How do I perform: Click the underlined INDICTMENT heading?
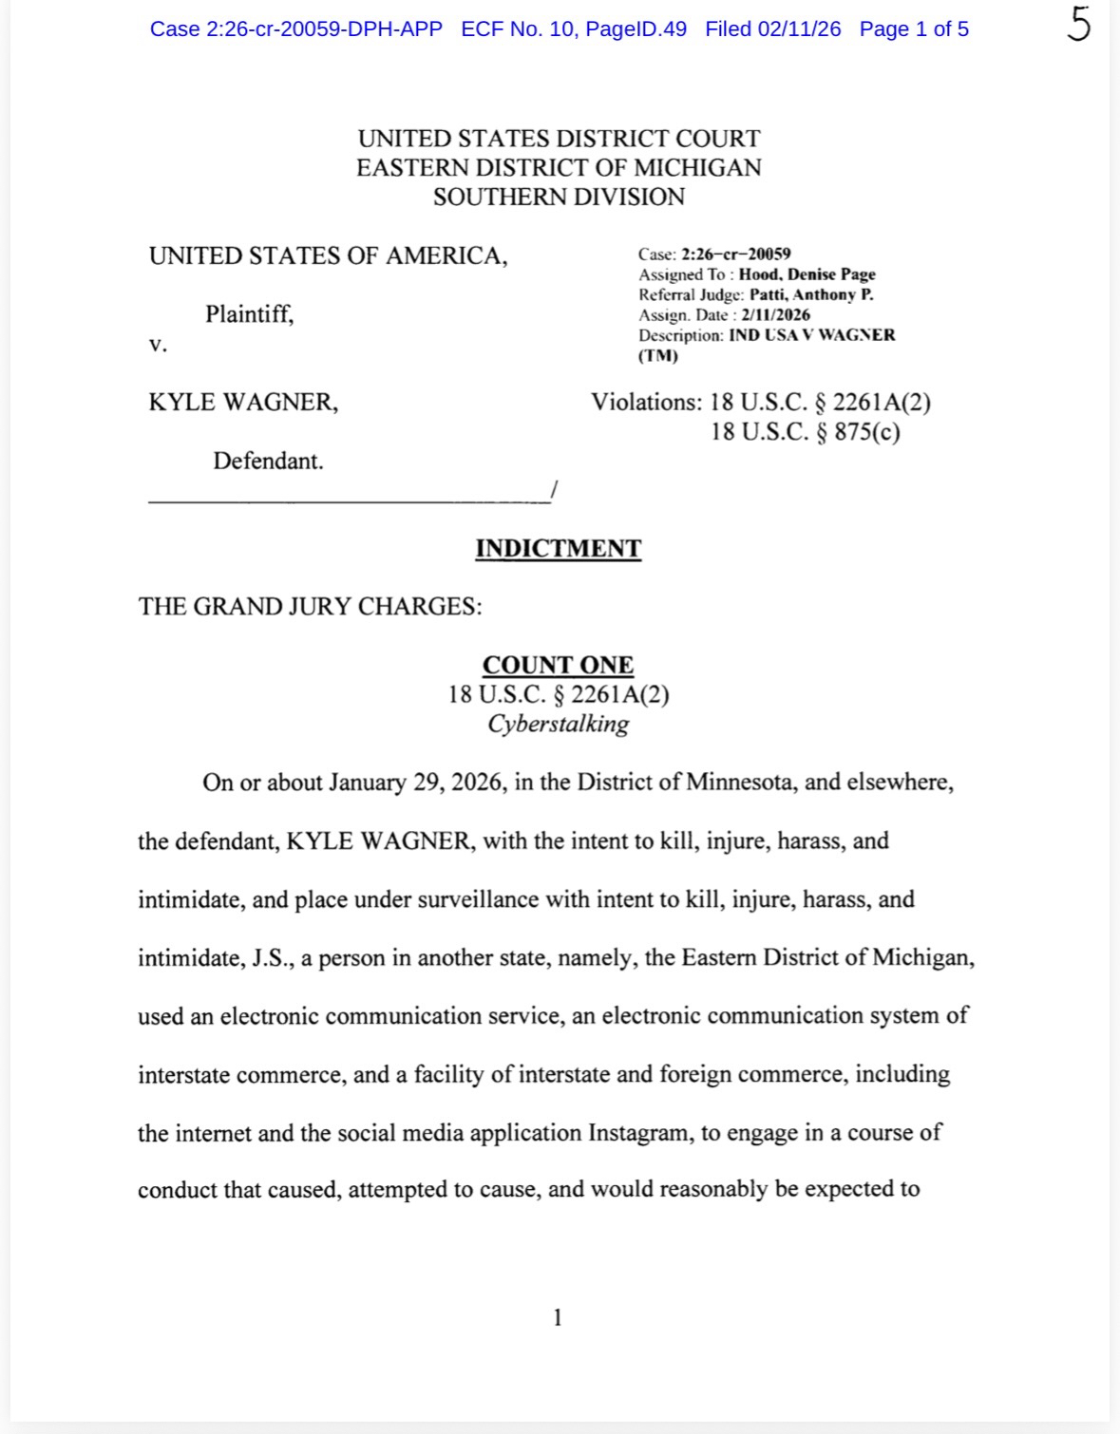[x=558, y=549]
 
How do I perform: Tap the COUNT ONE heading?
[x=558, y=665]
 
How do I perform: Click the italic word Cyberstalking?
[x=558, y=724]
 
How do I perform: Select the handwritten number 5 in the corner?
[x=1077, y=26]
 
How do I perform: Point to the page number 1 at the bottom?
[x=558, y=1317]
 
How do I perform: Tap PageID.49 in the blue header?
[x=636, y=29]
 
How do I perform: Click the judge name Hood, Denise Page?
[x=807, y=274]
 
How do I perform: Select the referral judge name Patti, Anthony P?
[x=811, y=294]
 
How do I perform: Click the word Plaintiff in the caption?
[x=249, y=314]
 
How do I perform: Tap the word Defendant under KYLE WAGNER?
[x=268, y=462]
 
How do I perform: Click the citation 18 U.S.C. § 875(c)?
[x=805, y=432]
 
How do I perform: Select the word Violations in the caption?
[x=646, y=403]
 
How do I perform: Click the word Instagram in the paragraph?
[x=640, y=1133]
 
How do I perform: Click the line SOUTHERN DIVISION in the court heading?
[x=559, y=198]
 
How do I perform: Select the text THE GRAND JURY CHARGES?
[x=310, y=607]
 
